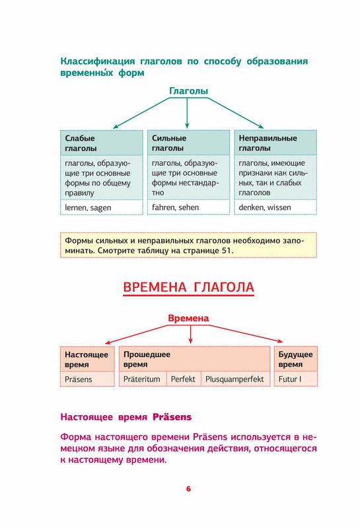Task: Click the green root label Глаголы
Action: click(x=188, y=91)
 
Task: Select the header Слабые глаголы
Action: click(x=102, y=143)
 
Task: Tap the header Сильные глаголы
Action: click(x=188, y=143)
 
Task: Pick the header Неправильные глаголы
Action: click(x=275, y=143)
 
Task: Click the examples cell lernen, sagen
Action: click(x=102, y=207)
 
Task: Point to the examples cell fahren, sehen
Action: click(x=188, y=207)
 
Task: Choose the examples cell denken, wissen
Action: click(x=275, y=207)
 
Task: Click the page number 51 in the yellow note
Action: click(x=226, y=251)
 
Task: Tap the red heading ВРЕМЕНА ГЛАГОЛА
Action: click(x=188, y=287)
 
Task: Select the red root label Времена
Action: click(x=188, y=318)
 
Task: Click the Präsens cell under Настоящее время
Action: click(x=87, y=379)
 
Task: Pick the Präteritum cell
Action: click(x=143, y=379)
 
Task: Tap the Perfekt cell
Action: click(x=184, y=379)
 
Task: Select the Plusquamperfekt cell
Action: click(x=236, y=379)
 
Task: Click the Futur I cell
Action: click(x=296, y=379)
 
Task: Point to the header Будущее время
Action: click(x=296, y=359)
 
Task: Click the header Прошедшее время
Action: click(x=194, y=359)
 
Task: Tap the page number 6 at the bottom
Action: click(x=188, y=488)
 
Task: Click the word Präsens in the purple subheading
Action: click(x=172, y=417)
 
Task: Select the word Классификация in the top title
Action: click(x=97, y=61)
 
